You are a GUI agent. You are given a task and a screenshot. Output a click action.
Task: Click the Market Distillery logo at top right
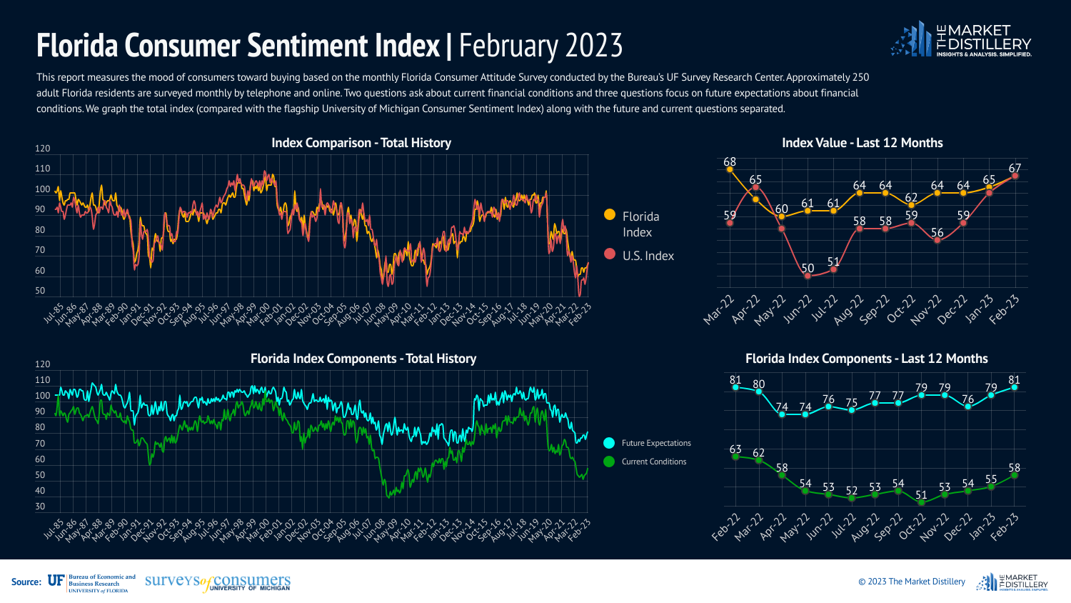[961, 40]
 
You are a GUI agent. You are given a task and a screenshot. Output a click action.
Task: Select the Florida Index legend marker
[610, 214]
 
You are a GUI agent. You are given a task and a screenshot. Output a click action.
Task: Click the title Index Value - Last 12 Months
[862, 143]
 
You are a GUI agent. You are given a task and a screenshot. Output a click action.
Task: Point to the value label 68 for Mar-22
[730, 162]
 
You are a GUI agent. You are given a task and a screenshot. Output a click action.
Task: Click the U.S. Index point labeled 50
[808, 276]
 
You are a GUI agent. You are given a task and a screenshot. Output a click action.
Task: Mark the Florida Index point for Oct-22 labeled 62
[911, 205]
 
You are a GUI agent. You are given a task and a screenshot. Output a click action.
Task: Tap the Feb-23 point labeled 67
[1015, 176]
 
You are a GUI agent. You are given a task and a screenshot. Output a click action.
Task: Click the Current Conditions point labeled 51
[921, 502]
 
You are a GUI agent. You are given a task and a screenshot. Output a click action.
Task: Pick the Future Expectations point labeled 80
[758, 392]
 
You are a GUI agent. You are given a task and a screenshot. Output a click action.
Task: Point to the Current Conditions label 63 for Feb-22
[735, 449]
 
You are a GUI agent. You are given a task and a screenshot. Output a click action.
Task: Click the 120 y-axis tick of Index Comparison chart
[43, 149]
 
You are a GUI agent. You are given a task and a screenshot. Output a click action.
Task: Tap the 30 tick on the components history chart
[40, 507]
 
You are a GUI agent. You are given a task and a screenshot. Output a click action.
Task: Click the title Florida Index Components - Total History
[363, 359]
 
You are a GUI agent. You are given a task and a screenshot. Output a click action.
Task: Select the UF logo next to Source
[56, 582]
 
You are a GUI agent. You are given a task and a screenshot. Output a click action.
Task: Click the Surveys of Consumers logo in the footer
[218, 582]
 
